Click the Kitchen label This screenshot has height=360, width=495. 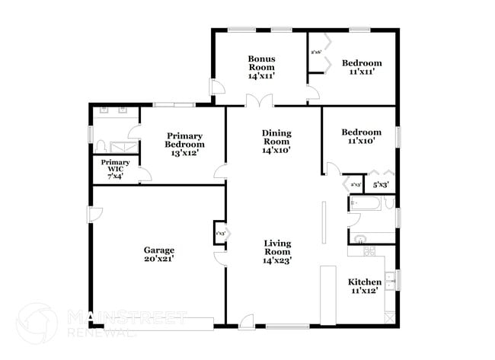point(364,282)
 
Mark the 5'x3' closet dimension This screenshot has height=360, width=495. point(380,184)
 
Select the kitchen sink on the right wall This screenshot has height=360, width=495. point(388,280)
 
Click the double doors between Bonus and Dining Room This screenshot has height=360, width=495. point(258,101)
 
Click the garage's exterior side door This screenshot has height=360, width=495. point(93,214)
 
